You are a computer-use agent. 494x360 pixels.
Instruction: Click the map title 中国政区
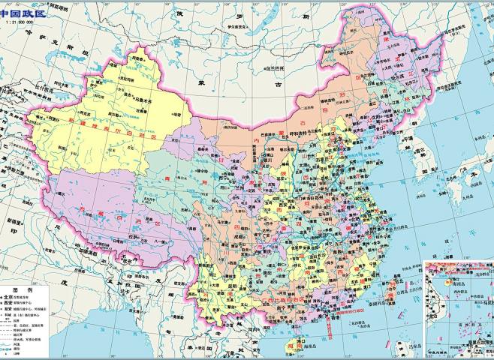coord(24,13)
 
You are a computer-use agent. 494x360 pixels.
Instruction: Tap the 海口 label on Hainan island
coord(284,339)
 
